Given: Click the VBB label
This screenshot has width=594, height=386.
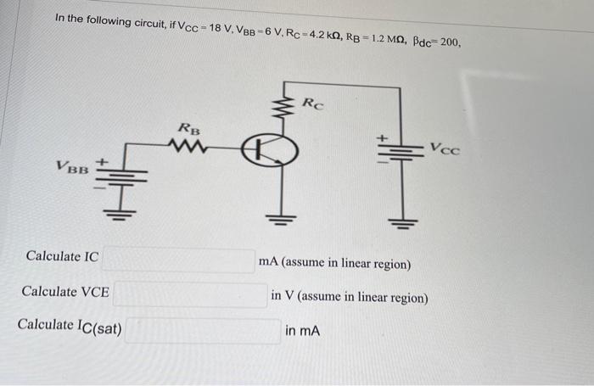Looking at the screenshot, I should (72, 167).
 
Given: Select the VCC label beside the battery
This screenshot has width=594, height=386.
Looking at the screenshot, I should (444, 149).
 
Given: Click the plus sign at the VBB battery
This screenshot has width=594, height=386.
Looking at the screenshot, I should (105, 159).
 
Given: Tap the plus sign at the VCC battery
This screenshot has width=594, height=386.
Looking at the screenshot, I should (381, 135).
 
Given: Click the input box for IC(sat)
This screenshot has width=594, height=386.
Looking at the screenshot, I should (204, 330).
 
